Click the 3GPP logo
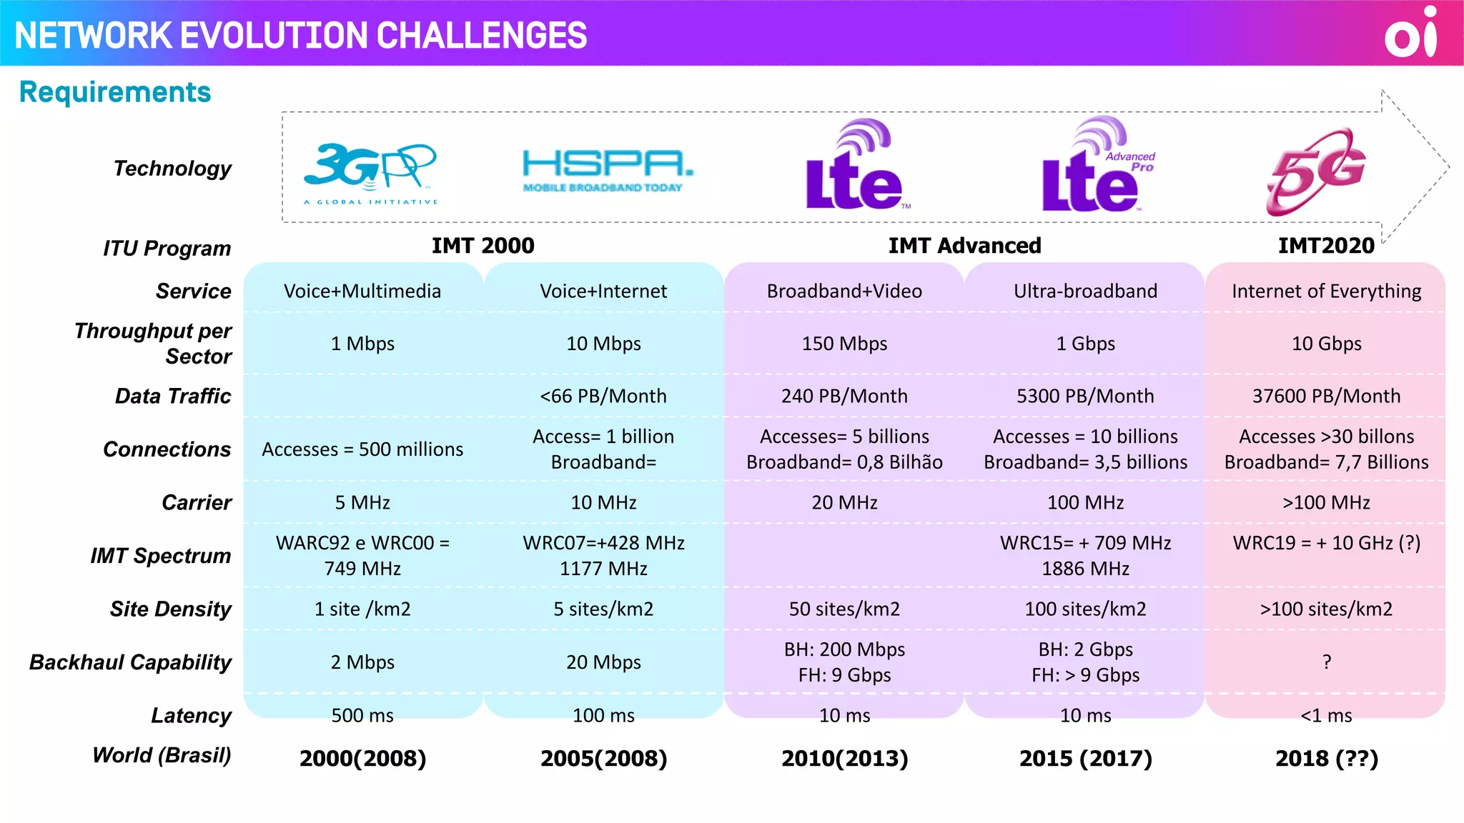[x=370, y=172]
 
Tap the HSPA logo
[x=607, y=170]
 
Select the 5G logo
[x=1316, y=171]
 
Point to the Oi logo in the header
[x=1411, y=33]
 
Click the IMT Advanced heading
[x=964, y=246]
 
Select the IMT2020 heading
[x=1326, y=246]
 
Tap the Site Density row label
[x=170, y=609]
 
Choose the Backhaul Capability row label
[x=130, y=662]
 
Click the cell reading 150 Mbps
[x=844, y=344]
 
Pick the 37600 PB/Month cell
[x=1326, y=396]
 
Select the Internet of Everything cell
[x=1326, y=291]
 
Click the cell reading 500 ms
[x=362, y=715]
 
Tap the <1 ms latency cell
[x=1326, y=715]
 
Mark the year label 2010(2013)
[x=844, y=758]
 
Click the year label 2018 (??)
[x=1326, y=758]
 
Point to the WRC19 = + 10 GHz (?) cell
[x=1326, y=543]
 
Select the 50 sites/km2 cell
[x=844, y=609]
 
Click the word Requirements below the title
[x=115, y=92]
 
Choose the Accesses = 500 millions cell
[x=362, y=449]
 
